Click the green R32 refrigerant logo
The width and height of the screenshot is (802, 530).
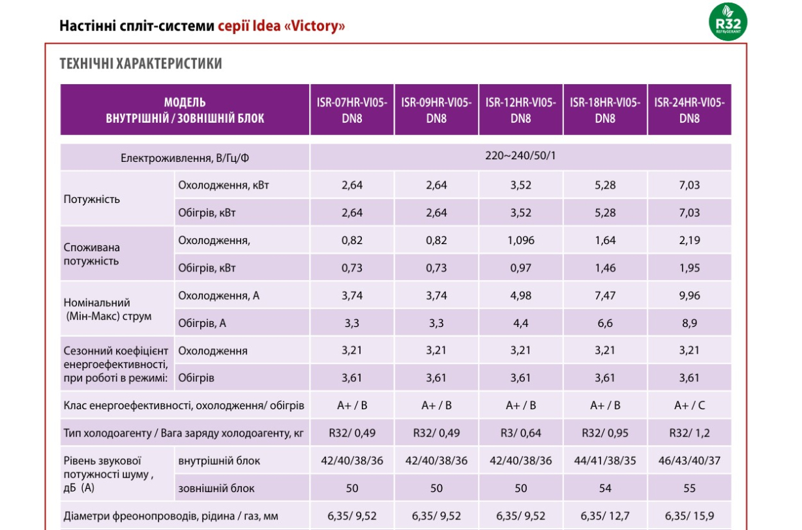(728, 22)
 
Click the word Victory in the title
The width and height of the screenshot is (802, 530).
(315, 26)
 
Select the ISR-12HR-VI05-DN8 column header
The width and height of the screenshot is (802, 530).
(520, 110)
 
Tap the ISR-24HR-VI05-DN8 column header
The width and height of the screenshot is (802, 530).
(689, 110)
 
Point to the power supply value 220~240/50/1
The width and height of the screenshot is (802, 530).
(520, 156)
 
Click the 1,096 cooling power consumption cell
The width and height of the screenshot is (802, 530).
(520, 240)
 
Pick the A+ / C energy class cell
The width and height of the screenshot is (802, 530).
(689, 405)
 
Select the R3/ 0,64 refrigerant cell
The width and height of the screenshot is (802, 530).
(520, 433)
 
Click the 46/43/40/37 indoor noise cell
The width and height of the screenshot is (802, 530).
(689, 460)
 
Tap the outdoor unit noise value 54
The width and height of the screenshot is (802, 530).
(605, 488)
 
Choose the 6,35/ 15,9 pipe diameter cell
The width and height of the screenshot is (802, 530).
(689, 516)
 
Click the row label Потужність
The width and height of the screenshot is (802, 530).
(92, 200)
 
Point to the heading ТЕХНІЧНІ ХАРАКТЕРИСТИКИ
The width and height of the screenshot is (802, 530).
(141, 63)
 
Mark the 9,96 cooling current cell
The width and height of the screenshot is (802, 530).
(689, 295)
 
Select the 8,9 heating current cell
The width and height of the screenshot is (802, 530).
(689, 323)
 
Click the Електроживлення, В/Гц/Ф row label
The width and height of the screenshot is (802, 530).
(185, 158)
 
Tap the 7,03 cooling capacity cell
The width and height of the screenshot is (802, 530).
(689, 185)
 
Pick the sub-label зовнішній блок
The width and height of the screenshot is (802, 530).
(216, 488)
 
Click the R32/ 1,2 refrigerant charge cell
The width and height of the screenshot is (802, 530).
(689, 433)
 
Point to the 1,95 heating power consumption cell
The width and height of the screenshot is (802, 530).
(689, 268)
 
